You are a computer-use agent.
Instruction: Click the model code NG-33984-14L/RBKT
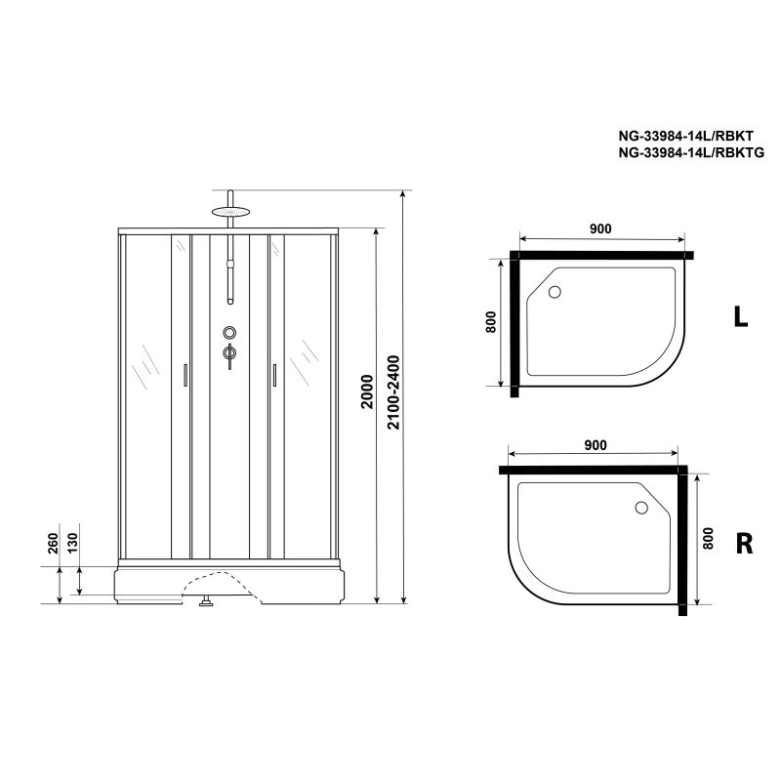(x=680, y=137)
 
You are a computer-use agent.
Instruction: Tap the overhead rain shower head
(x=230, y=209)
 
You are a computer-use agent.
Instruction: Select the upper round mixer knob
(x=229, y=333)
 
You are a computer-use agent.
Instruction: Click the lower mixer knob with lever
(x=229, y=353)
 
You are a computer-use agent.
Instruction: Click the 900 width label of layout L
(x=599, y=228)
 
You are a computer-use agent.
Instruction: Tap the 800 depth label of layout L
(x=491, y=322)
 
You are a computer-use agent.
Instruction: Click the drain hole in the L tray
(x=555, y=291)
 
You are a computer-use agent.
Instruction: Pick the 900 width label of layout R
(x=596, y=444)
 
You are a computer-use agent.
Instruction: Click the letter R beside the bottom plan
(x=743, y=544)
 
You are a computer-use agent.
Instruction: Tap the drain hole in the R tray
(x=641, y=507)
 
